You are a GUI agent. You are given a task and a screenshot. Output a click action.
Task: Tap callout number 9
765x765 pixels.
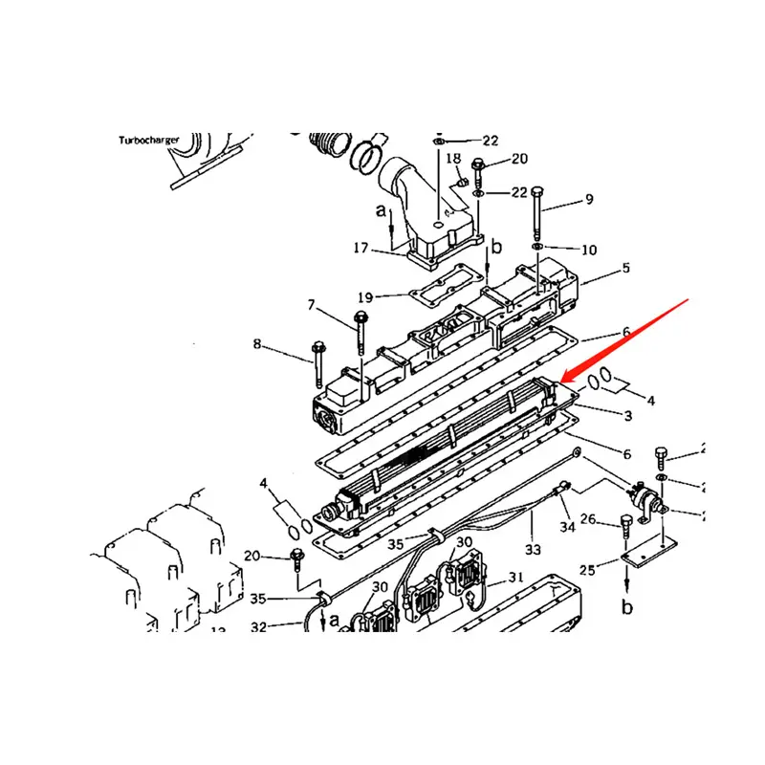[x=589, y=200]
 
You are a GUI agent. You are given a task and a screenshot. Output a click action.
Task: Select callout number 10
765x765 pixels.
[x=589, y=250]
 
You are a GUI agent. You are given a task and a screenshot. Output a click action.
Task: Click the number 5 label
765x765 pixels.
[x=625, y=269]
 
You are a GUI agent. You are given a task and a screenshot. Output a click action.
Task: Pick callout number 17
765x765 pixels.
[x=361, y=248]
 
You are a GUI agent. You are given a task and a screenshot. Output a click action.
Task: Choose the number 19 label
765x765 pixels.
[x=366, y=296]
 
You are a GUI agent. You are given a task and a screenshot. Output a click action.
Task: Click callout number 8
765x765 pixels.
[x=256, y=343]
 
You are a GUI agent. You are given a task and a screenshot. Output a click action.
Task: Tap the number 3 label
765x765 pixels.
[x=627, y=416]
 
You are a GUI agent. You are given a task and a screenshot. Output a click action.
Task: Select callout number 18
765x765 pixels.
[x=453, y=158]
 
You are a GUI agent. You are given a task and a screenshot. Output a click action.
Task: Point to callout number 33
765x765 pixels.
[x=533, y=550]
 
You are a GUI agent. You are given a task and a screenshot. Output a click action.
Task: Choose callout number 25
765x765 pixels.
[x=587, y=570]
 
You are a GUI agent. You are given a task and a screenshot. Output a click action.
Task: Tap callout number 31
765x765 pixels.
[x=515, y=577]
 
